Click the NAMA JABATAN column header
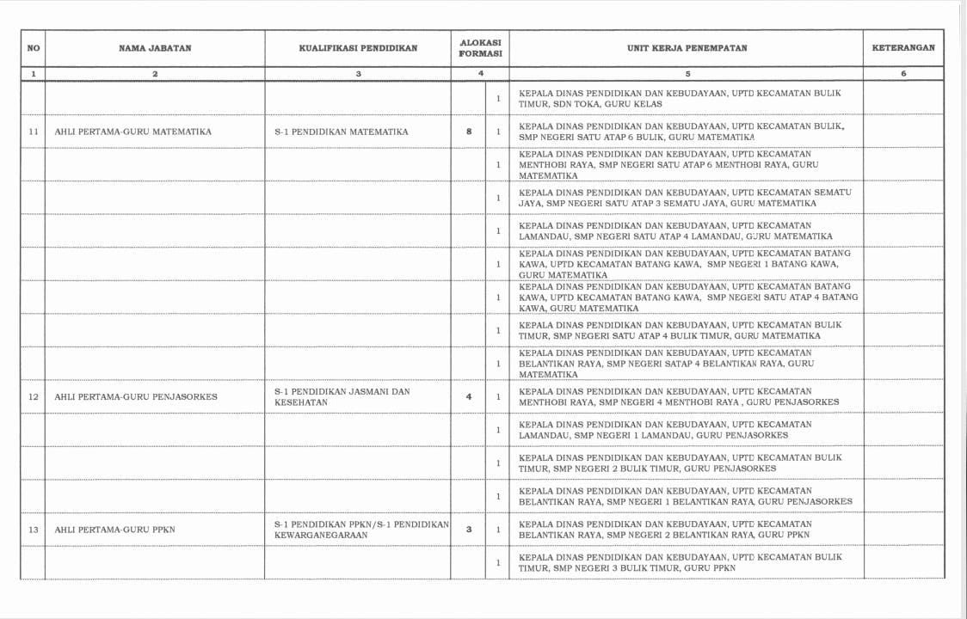[155, 48]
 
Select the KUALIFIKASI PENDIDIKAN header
[358, 48]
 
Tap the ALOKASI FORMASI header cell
[480, 48]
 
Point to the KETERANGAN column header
[903, 48]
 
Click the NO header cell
[34, 48]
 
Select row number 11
[34, 132]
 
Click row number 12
[34, 396]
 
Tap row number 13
[34, 529]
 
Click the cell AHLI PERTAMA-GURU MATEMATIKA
[133, 132]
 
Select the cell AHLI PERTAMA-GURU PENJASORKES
[136, 396]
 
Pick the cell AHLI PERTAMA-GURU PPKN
[115, 529]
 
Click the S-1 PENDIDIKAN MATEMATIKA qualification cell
[342, 132]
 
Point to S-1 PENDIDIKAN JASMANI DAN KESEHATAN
[342, 396]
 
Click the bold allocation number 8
[469, 132]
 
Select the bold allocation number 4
[469, 396]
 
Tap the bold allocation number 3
[469, 529]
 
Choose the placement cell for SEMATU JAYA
[685, 198]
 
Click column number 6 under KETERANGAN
[903, 74]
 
